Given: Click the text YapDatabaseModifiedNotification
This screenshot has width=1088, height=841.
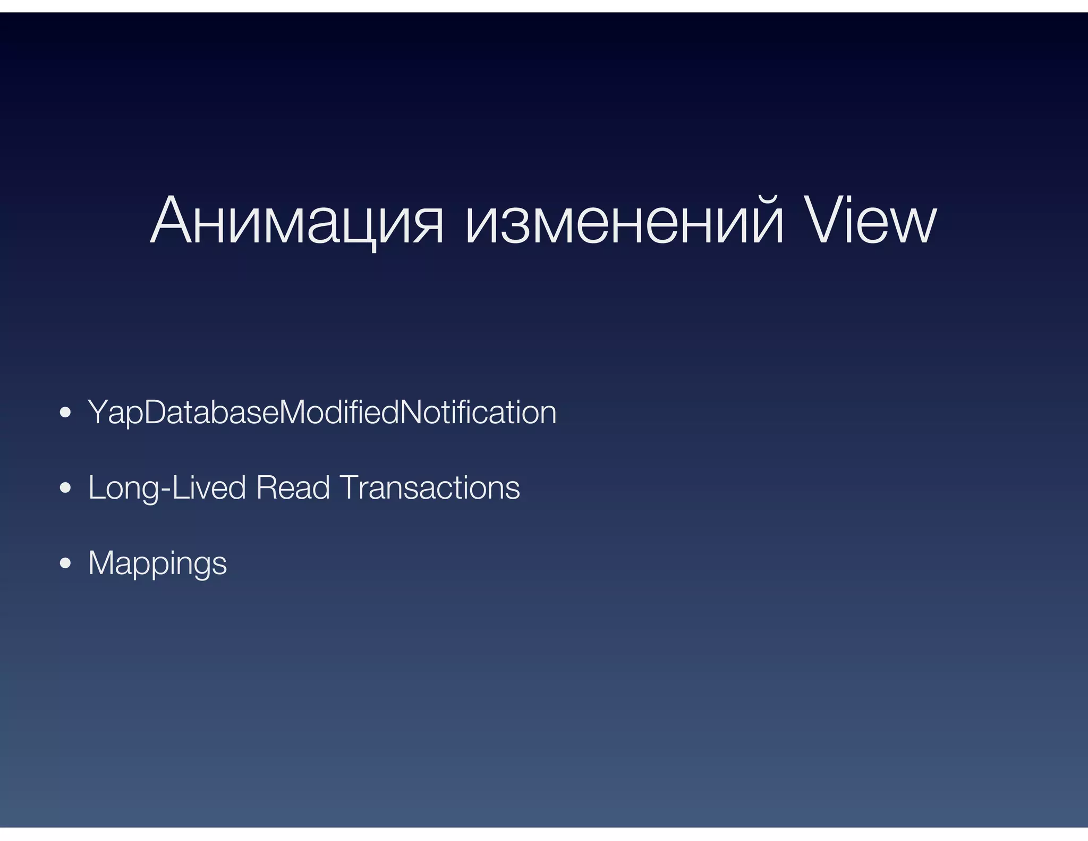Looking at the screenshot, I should point(322,412).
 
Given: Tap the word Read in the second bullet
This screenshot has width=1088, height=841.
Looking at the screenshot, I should point(293,487).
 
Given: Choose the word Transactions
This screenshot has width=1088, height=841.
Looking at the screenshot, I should point(430,487).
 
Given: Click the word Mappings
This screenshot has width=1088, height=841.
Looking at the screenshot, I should point(157,564).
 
